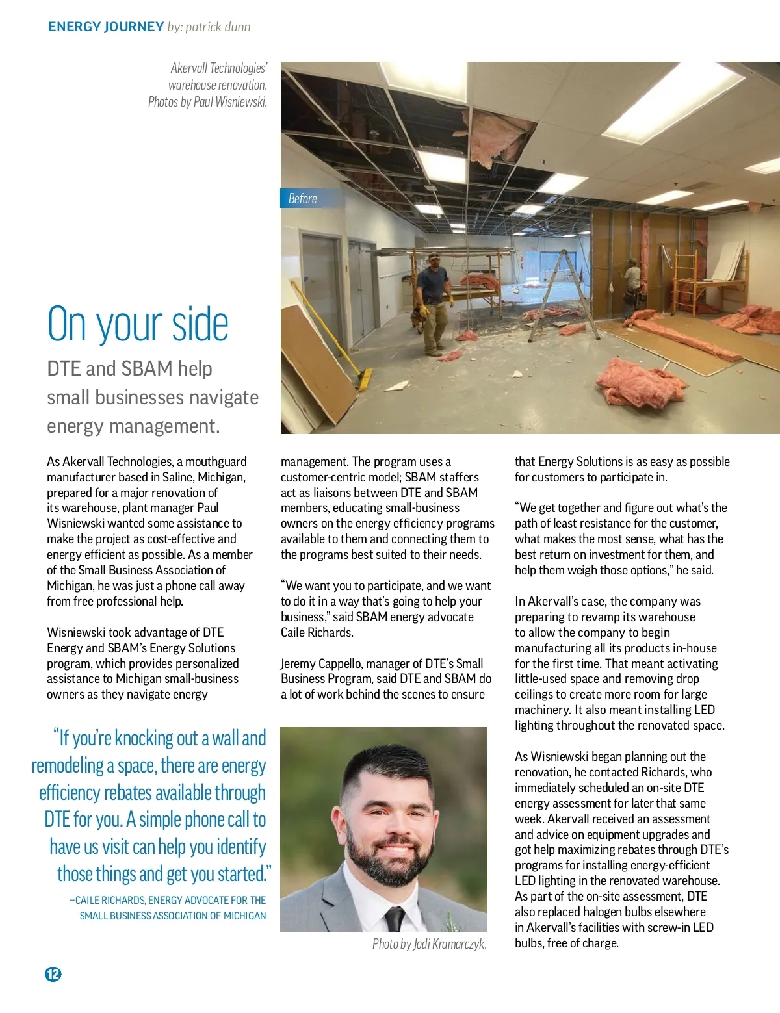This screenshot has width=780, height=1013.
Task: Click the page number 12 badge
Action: [x=53, y=973]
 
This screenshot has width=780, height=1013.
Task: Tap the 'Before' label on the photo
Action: [x=303, y=199]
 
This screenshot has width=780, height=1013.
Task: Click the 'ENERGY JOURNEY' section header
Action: [x=106, y=27]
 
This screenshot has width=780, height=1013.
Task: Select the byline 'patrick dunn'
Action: [x=218, y=27]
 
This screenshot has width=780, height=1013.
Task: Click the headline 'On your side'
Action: [x=138, y=324]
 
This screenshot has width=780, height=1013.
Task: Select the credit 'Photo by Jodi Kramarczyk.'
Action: [x=429, y=943]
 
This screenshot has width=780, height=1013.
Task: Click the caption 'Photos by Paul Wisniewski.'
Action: [x=207, y=101]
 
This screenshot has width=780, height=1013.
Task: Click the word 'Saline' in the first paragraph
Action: [x=177, y=477]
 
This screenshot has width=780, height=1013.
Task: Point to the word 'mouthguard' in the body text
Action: [x=216, y=461]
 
